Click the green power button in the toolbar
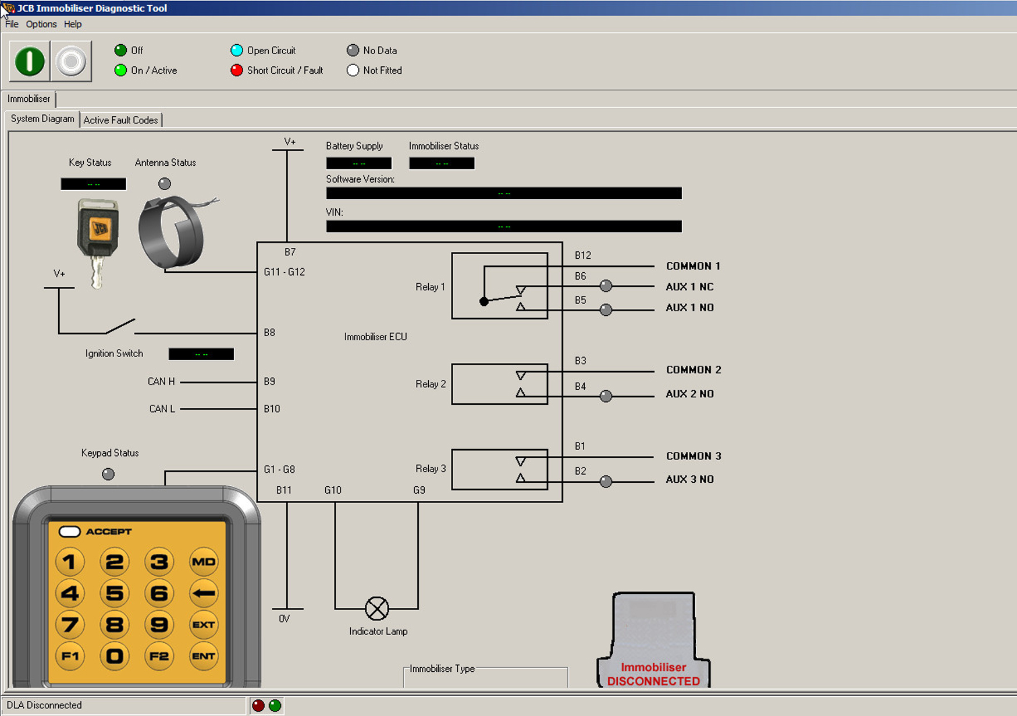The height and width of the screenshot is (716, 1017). click(29, 61)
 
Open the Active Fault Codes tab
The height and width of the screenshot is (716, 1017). click(120, 120)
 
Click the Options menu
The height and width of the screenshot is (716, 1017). click(41, 24)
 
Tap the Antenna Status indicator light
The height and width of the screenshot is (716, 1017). click(165, 184)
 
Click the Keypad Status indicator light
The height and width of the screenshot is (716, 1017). click(108, 474)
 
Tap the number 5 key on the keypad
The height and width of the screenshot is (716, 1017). click(114, 593)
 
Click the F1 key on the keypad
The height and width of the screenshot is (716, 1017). click(70, 656)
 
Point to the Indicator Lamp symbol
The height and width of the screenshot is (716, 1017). click(376, 608)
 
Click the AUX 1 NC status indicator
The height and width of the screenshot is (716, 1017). click(606, 286)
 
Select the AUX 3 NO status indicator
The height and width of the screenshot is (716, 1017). click(606, 481)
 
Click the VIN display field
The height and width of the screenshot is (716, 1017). click(504, 226)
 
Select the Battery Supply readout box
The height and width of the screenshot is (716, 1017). click(358, 163)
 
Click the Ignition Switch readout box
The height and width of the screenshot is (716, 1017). click(201, 354)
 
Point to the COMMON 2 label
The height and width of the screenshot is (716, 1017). click(694, 370)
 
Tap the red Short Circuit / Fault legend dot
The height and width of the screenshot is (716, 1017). click(236, 70)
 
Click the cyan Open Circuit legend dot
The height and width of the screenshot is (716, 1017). click(236, 51)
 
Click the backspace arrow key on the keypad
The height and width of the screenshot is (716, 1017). click(204, 593)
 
